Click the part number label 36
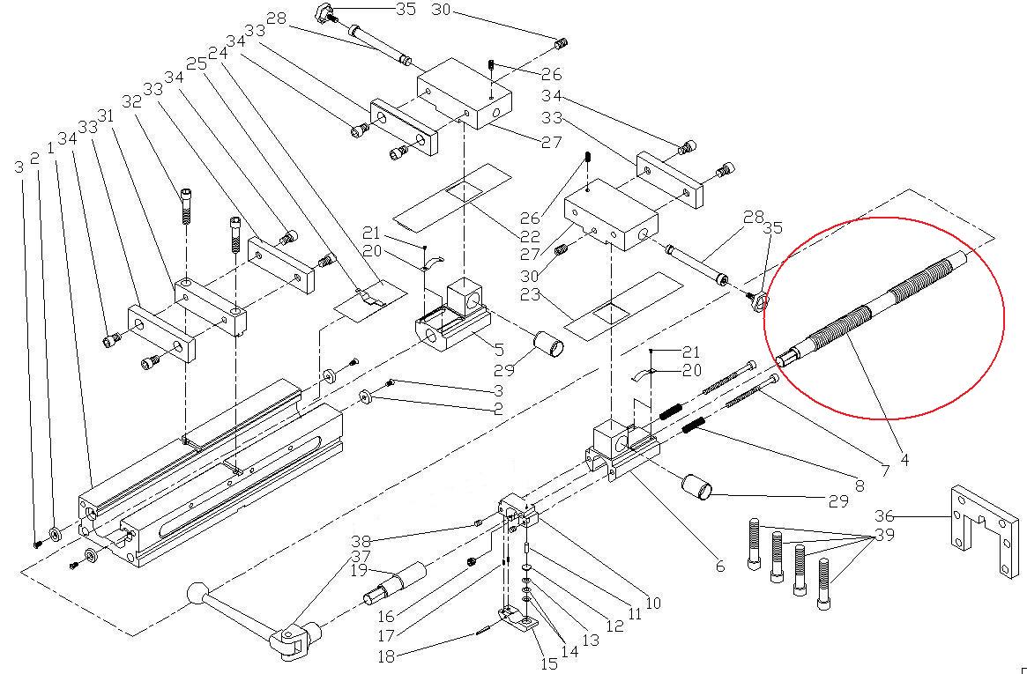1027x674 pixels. click(885, 516)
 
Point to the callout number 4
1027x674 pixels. click(904, 459)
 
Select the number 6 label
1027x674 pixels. click(719, 567)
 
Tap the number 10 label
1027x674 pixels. click(652, 604)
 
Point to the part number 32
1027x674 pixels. click(132, 101)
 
